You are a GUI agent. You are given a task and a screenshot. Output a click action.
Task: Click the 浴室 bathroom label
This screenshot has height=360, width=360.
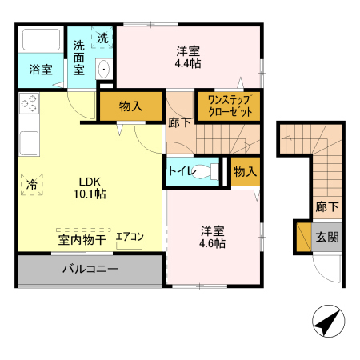point(41,69)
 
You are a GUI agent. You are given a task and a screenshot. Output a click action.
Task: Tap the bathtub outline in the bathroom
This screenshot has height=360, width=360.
point(42,41)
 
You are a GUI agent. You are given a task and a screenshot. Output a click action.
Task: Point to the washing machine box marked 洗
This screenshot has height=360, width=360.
point(103,38)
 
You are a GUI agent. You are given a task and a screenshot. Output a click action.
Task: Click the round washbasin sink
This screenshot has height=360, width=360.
point(104,71)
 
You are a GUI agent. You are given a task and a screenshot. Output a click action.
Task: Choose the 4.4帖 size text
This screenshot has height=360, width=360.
point(189,62)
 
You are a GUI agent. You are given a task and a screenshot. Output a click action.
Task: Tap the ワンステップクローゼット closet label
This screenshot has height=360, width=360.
point(230,106)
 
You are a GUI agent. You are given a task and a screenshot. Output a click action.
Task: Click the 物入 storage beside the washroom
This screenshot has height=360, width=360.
point(131,106)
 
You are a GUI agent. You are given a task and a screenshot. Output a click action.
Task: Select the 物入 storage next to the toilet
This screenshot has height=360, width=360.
point(245,172)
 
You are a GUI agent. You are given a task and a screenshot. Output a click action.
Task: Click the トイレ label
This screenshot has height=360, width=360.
point(179,171)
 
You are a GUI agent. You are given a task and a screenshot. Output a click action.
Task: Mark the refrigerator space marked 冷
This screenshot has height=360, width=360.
point(30,183)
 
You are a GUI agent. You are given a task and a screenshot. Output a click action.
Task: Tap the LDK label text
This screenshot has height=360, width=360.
point(89,181)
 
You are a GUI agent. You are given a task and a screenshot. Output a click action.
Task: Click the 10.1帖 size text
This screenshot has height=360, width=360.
point(90,194)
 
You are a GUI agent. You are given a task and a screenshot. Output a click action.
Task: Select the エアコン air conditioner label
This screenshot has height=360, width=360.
point(129,236)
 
